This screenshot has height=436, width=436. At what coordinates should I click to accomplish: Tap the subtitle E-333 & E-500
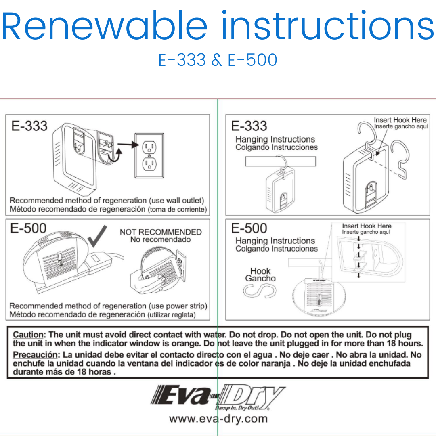(x=218, y=60)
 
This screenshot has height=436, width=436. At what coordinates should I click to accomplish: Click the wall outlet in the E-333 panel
(x=149, y=155)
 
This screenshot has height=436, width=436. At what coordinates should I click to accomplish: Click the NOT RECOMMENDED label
(x=161, y=232)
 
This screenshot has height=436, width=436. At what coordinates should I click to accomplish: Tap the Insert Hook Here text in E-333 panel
(x=400, y=120)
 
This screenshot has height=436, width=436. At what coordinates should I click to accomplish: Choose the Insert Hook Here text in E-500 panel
(x=367, y=226)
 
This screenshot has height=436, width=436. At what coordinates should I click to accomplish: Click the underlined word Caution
(x=28, y=335)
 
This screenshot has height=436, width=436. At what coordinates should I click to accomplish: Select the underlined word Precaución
(x=36, y=355)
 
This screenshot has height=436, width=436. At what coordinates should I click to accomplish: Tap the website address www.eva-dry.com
(x=218, y=419)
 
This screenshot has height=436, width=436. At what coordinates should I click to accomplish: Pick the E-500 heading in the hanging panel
(x=249, y=228)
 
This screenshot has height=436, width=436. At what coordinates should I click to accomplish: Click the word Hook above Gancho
(x=260, y=271)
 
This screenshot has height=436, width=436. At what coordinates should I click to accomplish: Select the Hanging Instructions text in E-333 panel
(x=275, y=139)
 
